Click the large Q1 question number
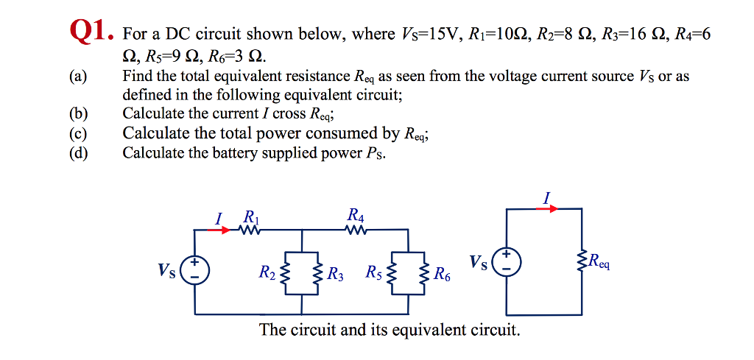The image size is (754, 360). pos(91,32)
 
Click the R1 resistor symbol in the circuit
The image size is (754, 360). pos(250,230)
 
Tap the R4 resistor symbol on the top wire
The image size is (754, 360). pos(356,230)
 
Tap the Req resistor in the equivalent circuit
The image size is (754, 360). pos(583,261)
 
